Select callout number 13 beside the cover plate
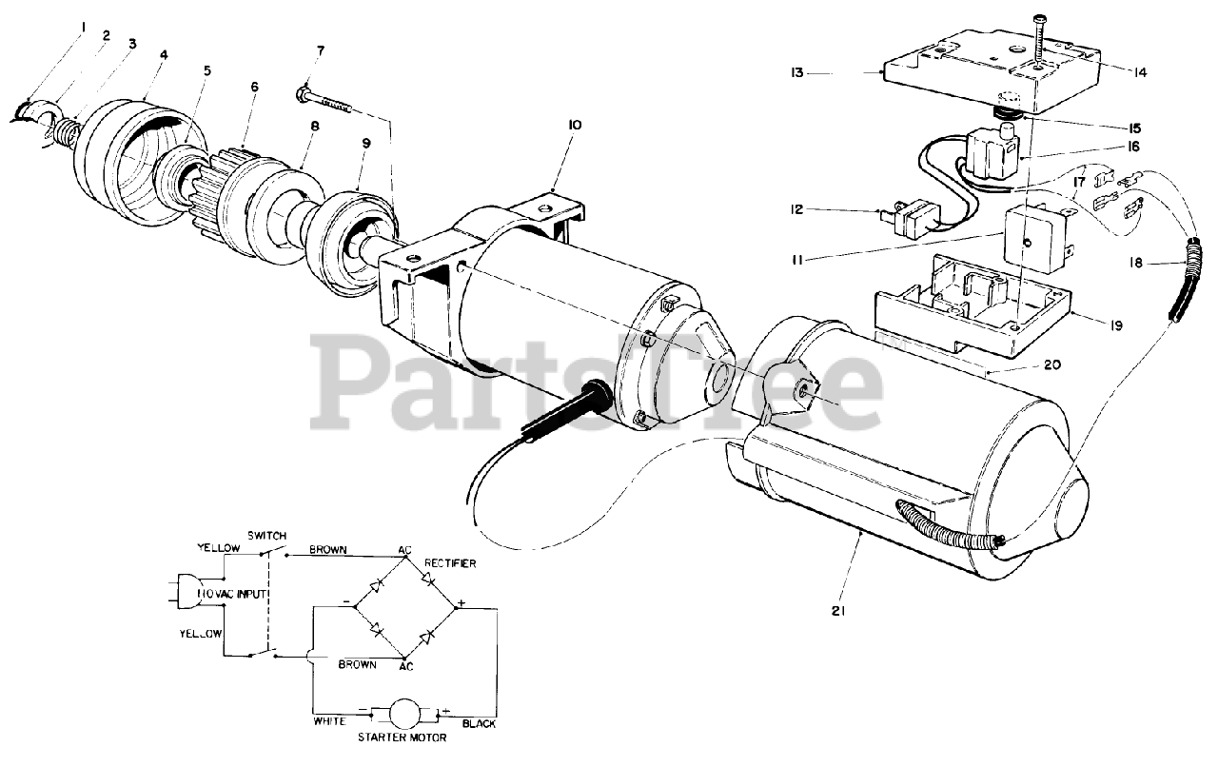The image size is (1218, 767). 797,72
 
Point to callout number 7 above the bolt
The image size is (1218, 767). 321,49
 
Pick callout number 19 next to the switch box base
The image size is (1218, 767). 1114,325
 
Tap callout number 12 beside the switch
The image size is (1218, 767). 797,208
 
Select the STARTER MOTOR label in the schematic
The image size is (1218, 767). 400,737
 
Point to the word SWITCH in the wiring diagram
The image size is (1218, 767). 266,536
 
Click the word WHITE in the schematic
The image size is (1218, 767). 330,722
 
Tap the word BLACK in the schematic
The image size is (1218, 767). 479,723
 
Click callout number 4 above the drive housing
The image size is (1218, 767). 164,55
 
